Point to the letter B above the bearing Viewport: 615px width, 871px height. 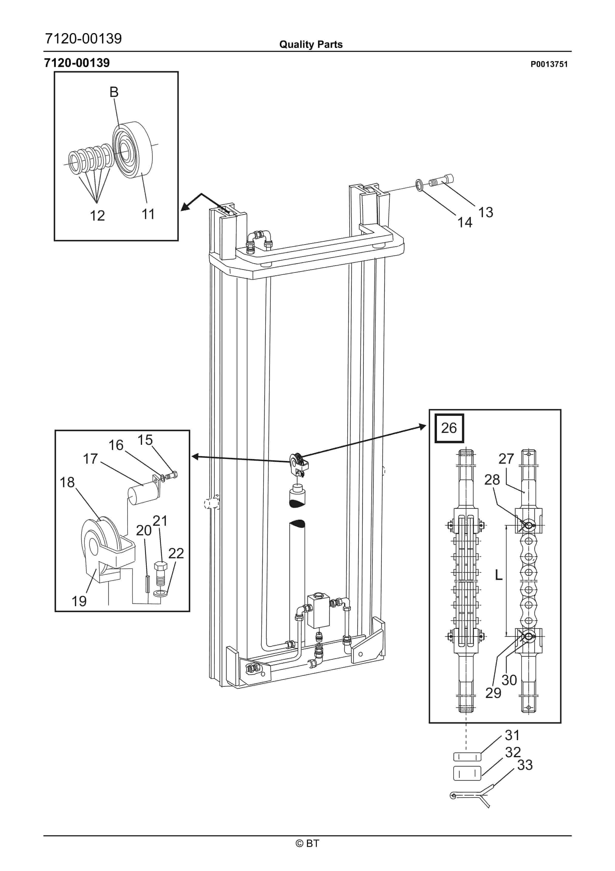click(114, 92)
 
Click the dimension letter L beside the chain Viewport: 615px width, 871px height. click(499, 575)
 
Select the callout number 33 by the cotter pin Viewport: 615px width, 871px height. click(525, 765)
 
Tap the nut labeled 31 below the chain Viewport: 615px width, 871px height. click(467, 757)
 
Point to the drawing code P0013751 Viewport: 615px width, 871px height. click(549, 64)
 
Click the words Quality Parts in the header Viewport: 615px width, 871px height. click(311, 44)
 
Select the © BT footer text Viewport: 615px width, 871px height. click(308, 843)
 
